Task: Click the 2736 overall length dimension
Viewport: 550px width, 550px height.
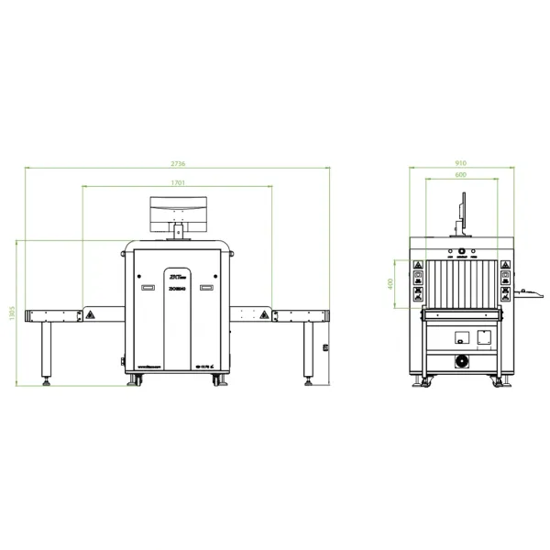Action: coord(178,163)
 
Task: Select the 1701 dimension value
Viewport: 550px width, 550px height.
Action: coord(178,182)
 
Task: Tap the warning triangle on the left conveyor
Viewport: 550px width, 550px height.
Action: coord(90,314)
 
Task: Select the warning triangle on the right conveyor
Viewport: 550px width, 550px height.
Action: coord(264,314)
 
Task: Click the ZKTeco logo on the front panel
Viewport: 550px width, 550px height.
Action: coord(175,274)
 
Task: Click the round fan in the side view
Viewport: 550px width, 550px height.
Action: coord(461,359)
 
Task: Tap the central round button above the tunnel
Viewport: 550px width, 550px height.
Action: coord(460,250)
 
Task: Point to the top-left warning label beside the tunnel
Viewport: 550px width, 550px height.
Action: coord(418,274)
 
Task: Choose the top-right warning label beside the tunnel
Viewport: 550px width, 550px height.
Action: coord(504,274)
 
